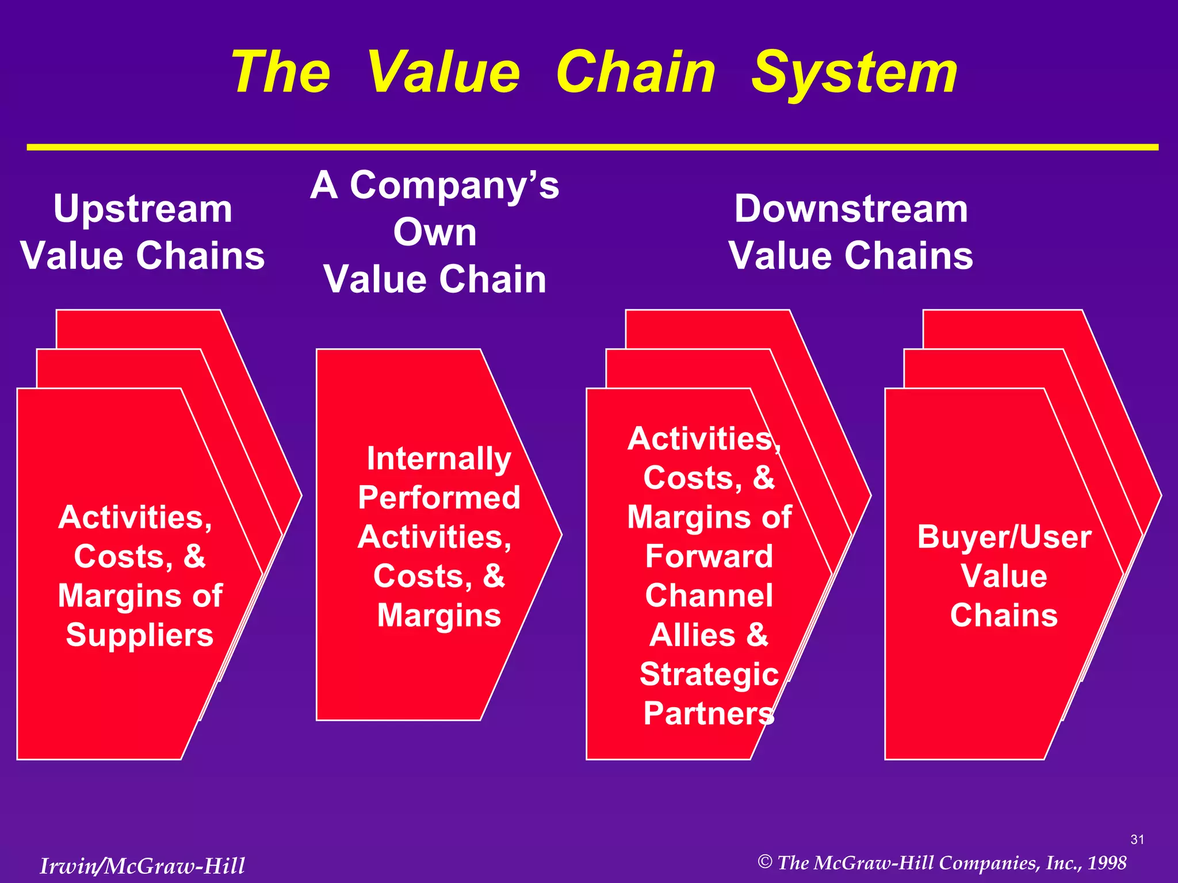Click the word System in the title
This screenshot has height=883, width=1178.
pos(854,74)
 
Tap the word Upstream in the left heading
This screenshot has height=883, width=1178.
pos(143,209)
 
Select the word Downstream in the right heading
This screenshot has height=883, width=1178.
pos(851,209)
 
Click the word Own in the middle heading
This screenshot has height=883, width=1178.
pos(435,232)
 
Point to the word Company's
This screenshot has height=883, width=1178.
pos(454,186)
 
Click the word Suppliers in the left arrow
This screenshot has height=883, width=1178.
pos(140,635)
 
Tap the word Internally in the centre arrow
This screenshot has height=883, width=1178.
pos(439,459)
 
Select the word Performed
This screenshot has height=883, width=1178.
pos(439,498)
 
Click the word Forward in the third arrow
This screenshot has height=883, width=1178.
pos(709,556)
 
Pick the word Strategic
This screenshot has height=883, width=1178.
pos(709,674)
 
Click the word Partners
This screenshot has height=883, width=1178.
pos(709,713)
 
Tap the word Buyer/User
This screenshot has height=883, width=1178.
pos(1004,537)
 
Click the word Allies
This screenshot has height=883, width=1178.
pos(693,635)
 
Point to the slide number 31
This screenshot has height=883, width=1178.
pos(1137,840)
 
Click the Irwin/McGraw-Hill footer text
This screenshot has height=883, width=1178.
pos(142,866)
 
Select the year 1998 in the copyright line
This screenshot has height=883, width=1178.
pos(1107,863)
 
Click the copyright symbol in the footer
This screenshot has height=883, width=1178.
pos(764,862)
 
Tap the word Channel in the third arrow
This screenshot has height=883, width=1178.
pos(709,596)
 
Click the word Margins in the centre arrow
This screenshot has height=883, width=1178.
pos(439,616)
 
